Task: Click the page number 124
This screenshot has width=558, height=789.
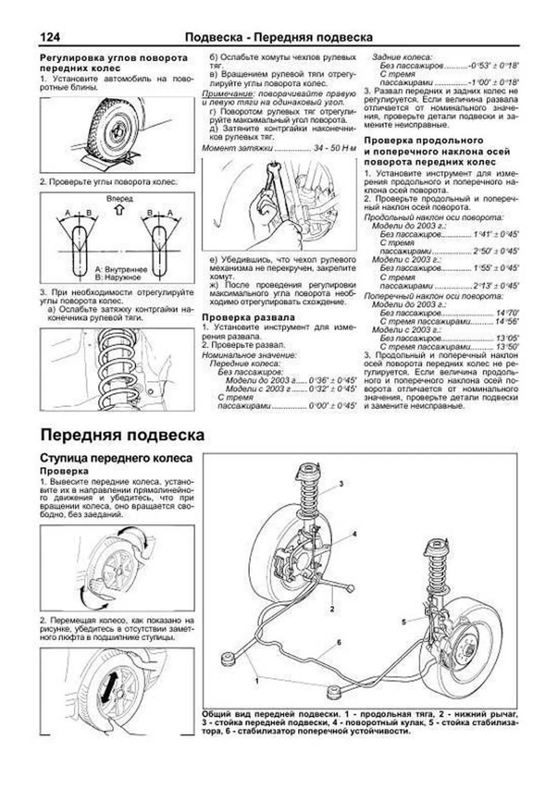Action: [50, 37]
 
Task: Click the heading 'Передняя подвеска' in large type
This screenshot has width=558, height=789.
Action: [122, 435]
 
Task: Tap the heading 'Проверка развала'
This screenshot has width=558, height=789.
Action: [248, 317]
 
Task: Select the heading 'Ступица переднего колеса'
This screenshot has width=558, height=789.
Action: [116, 458]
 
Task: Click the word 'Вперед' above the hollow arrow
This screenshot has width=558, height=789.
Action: [120, 199]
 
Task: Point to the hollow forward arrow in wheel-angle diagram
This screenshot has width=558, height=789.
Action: [120, 210]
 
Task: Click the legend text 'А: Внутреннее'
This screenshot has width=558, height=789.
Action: [121, 269]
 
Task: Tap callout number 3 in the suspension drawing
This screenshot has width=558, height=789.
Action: [341, 484]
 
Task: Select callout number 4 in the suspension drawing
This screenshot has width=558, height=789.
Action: [354, 534]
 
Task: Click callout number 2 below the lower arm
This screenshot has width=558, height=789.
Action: [332, 608]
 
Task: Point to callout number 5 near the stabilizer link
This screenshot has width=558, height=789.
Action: [404, 621]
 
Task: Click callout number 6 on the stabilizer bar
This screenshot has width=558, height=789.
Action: [339, 642]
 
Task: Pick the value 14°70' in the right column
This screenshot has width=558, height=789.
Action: [507, 313]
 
